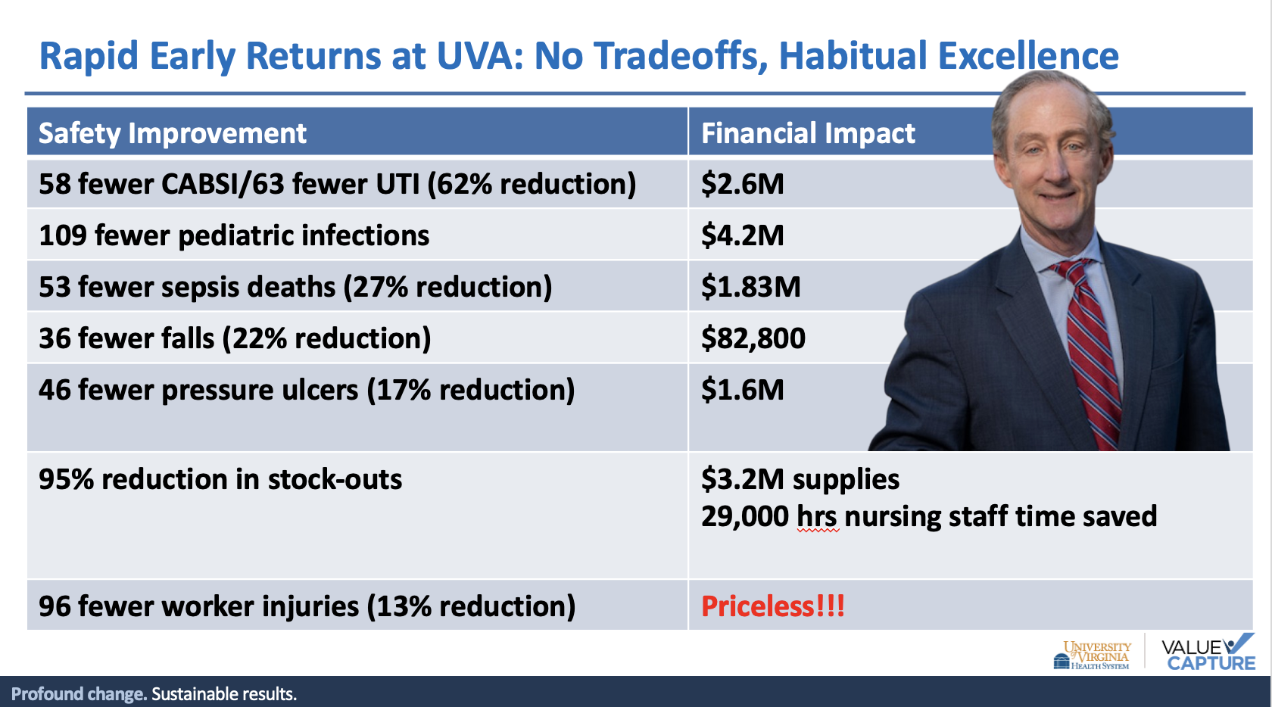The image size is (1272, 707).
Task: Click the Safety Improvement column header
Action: (x=172, y=133)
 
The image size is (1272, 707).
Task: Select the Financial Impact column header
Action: (x=807, y=133)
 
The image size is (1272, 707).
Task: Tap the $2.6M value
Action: (x=742, y=184)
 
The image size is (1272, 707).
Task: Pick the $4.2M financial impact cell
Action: (x=742, y=235)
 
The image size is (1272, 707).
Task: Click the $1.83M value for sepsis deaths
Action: (x=751, y=286)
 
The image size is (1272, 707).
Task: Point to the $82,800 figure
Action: (x=753, y=338)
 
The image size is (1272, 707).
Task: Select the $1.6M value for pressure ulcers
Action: (x=742, y=390)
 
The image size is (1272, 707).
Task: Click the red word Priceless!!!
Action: (x=773, y=606)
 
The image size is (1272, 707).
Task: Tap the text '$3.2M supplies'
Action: (x=800, y=479)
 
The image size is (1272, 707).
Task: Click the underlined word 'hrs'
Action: (x=817, y=517)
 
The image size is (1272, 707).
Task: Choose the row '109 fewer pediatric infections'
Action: (x=234, y=235)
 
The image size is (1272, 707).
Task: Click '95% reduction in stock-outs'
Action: (x=220, y=479)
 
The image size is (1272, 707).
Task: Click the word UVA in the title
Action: (x=480, y=56)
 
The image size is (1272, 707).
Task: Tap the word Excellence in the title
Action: (x=1028, y=56)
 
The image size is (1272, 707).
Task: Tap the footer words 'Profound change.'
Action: (x=79, y=694)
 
